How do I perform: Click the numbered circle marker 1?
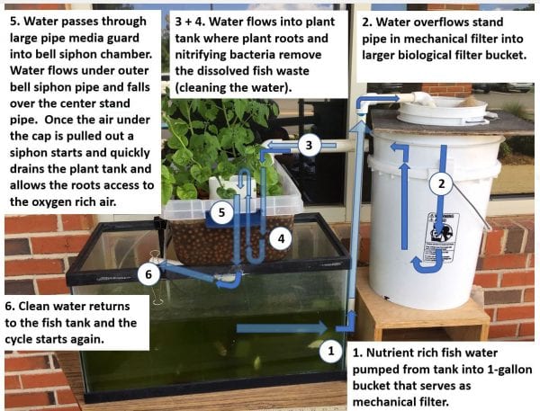[331, 352]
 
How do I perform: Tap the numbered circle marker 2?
[442, 184]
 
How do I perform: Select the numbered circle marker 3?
[309, 145]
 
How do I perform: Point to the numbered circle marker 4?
[282, 238]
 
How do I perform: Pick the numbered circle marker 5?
[221, 212]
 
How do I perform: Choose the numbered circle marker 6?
[148, 274]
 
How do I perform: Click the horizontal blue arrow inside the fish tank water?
[282, 328]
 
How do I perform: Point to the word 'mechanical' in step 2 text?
[437, 39]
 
